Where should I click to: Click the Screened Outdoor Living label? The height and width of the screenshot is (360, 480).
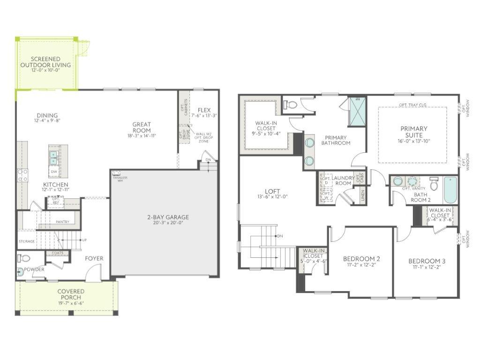coord(46,62)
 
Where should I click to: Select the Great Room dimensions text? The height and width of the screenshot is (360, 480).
coord(142,136)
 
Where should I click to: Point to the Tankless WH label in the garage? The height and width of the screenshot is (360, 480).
coord(120,179)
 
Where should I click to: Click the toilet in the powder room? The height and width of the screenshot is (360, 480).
coord(25,258)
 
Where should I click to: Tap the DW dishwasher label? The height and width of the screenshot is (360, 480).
coord(54,172)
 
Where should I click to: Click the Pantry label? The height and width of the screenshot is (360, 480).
coord(62,221)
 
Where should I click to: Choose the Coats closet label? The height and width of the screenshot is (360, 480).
coord(58,253)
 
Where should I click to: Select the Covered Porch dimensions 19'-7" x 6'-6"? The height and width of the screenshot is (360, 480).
coord(71,303)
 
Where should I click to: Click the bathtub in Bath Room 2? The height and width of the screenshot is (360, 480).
coord(450,189)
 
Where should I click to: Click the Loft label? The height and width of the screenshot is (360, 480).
coord(272,191)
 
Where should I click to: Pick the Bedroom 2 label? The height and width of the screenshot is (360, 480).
coord(361,259)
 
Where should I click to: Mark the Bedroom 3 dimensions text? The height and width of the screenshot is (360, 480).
coord(426,267)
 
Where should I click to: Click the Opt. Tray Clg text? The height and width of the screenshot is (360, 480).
coord(412,105)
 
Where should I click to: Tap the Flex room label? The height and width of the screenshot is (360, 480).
coord(204,110)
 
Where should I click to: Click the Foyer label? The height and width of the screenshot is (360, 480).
coord(94,258)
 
